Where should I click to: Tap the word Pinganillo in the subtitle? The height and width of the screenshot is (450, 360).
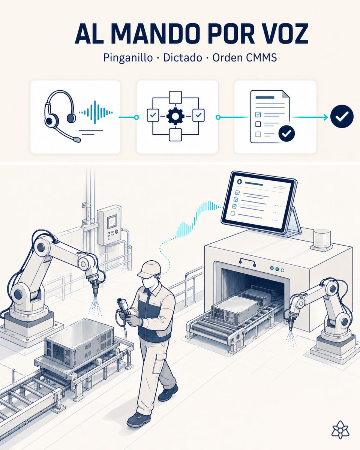(128, 58)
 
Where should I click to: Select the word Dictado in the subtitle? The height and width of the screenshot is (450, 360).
(182, 58)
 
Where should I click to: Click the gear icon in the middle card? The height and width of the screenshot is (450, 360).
(175, 115)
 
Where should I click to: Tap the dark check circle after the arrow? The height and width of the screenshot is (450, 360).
(342, 116)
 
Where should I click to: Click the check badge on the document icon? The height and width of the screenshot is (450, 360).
(286, 133)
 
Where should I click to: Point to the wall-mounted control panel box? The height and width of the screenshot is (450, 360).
(109, 225)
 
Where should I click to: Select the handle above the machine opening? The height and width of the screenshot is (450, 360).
(247, 262)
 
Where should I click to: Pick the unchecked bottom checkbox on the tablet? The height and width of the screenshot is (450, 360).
(232, 213)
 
